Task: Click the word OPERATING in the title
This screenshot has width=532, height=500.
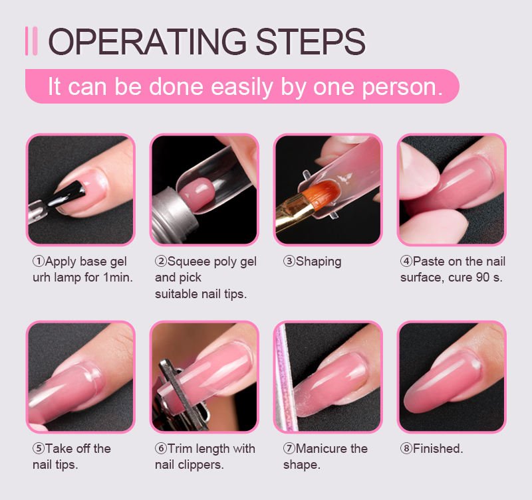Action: tap(148, 41)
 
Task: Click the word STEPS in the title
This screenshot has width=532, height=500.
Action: tap(311, 41)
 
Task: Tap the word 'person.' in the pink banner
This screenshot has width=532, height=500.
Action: tap(402, 88)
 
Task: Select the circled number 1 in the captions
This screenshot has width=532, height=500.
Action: tap(39, 262)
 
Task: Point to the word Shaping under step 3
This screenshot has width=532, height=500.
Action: tap(319, 262)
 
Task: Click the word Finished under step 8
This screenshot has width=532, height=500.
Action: tap(438, 448)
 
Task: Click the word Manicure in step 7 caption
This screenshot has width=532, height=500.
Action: tap(321, 448)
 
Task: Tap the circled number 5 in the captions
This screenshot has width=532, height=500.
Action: tap(39, 448)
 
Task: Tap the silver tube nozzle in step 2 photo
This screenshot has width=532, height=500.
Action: tap(174, 214)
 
